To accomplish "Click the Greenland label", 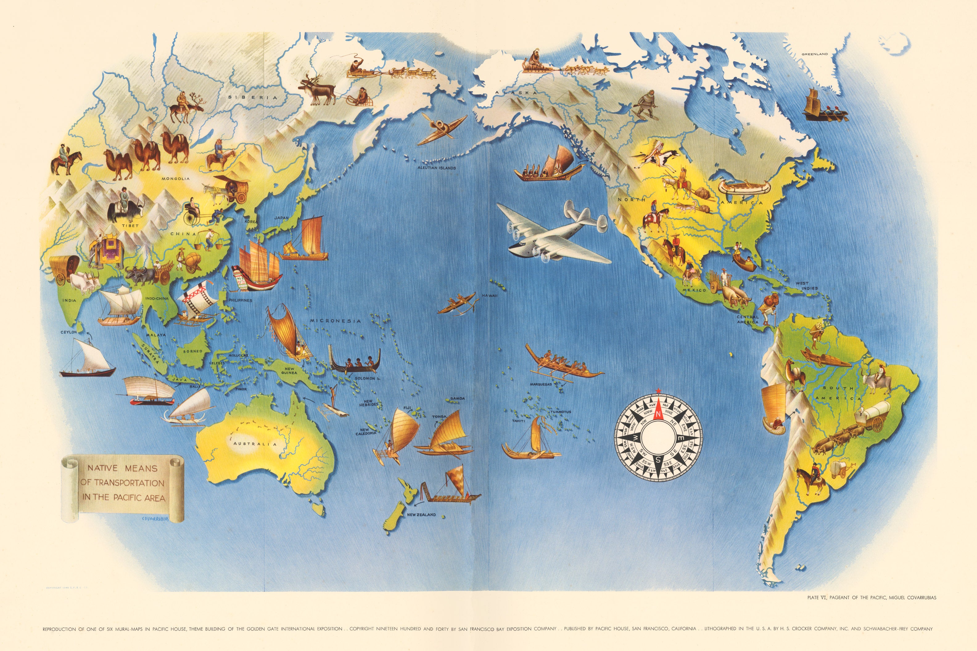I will click(x=814, y=54).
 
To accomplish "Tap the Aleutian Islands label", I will click(x=436, y=168).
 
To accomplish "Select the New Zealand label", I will click(x=421, y=515).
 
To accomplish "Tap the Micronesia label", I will click(x=335, y=321).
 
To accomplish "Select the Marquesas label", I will click(x=540, y=384).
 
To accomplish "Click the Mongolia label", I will click(x=175, y=178).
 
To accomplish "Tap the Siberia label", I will click(x=252, y=97).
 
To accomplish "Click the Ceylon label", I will click(x=68, y=332).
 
